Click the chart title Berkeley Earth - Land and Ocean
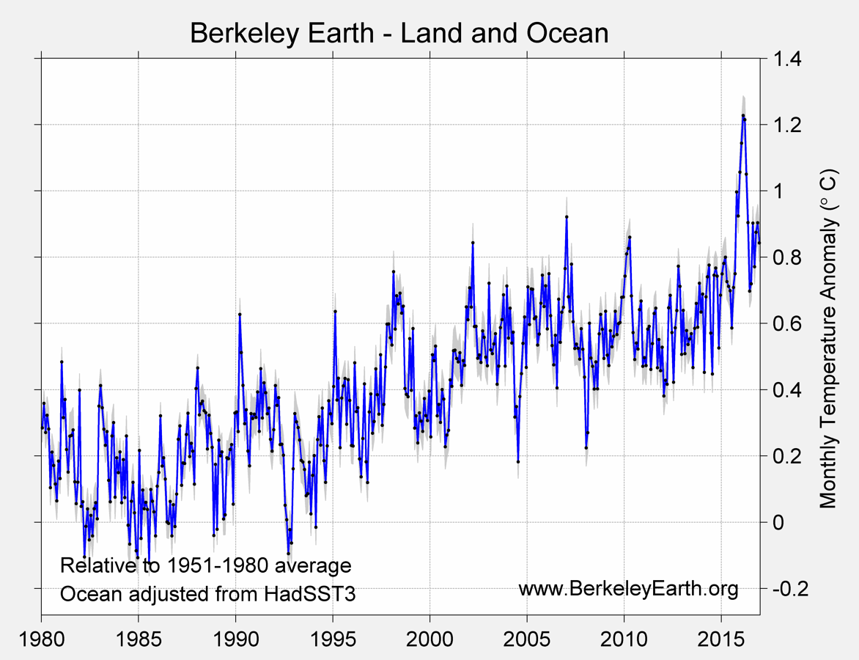(399, 33)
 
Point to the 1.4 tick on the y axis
(784, 59)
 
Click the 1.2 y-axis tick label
(784, 125)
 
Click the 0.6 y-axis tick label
(784, 323)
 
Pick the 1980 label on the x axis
(41, 634)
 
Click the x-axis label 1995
(333, 634)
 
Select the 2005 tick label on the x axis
(527, 634)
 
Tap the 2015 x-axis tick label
(721, 634)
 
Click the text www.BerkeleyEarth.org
(628, 588)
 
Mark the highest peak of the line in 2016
(742, 115)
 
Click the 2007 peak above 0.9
(567, 216)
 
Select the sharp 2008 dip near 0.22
(586, 447)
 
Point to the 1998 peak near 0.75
(394, 271)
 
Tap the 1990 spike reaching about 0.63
(240, 314)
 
